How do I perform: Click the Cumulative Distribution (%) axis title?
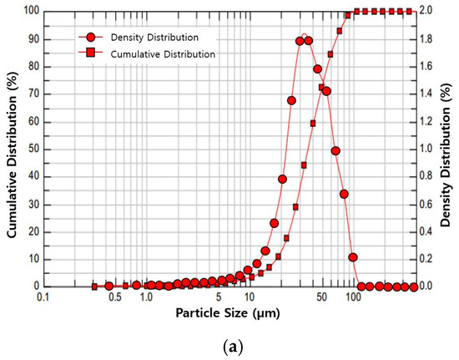[x=12, y=148]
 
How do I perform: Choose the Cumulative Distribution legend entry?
[x=170, y=53]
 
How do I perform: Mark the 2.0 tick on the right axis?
[x=425, y=11]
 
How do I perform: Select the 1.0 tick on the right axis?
[x=425, y=149]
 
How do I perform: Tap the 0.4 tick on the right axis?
[x=425, y=231]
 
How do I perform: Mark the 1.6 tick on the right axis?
[x=425, y=66]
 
